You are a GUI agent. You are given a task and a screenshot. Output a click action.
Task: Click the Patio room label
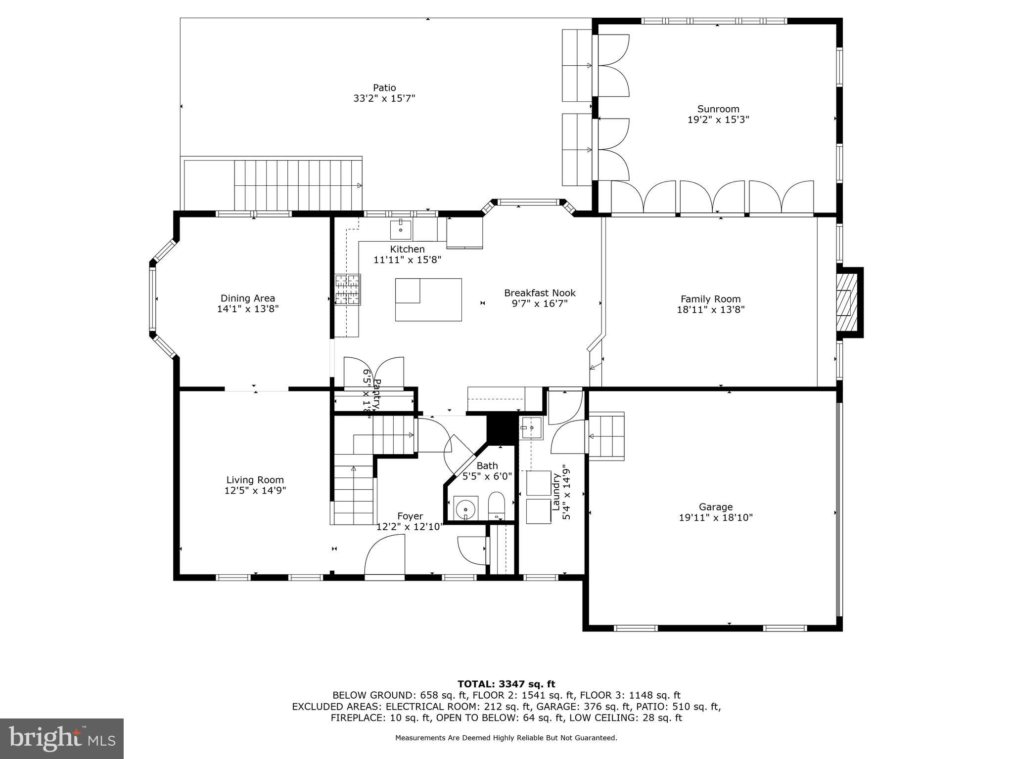click(384, 88)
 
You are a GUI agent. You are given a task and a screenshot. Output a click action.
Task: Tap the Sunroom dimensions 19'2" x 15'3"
click(718, 120)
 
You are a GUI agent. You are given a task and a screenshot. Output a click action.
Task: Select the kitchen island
click(428, 299)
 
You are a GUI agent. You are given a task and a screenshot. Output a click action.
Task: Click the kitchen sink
click(400, 230)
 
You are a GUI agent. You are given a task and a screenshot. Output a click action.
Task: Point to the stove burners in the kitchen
click(348, 289)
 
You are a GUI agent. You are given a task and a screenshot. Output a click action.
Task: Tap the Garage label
click(716, 506)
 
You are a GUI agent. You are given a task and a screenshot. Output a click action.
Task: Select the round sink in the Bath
click(465, 508)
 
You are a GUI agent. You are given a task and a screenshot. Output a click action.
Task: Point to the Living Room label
click(255, 480)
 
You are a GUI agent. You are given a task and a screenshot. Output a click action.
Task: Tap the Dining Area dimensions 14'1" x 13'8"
click(248, 309)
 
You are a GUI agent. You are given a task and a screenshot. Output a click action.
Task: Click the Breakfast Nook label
click(540, 293)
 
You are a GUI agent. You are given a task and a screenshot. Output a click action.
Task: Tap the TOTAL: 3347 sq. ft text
click(506, 684)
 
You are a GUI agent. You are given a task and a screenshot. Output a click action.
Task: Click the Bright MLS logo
click(62, 738)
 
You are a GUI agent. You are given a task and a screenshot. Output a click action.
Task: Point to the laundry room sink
click(531, 428)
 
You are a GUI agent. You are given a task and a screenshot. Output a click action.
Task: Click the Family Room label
click(710, 299)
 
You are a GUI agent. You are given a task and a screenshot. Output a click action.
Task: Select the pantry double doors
click(374, 374)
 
